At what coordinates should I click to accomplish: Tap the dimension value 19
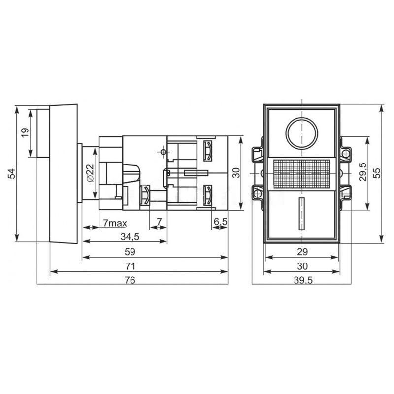point(25,132)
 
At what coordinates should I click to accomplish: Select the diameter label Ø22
point(90,173)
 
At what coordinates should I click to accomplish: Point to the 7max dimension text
point(115,223)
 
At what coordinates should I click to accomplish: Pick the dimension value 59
point(131,252)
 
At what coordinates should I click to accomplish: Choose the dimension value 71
point(131,266)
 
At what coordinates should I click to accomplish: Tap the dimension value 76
point(131,280)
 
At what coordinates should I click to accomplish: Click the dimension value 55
point(377,173)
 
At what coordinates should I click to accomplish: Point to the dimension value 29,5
point(362,173)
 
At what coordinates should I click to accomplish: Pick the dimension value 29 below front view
point(302,252)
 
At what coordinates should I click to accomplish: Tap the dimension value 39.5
point(302,280)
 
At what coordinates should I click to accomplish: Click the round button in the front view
point(301,133)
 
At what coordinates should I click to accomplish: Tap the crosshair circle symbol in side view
point(163,152)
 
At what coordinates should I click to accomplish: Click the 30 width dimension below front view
point(302,266)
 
